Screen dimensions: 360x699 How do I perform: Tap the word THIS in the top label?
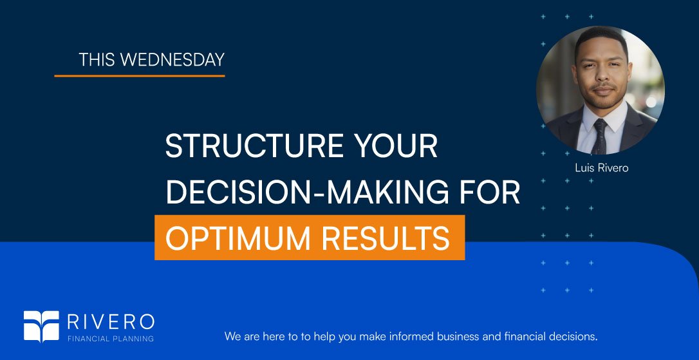pos(97,60)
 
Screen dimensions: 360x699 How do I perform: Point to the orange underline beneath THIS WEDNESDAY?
pos(139,76)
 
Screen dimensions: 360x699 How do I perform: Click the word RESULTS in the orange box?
pos(386,238)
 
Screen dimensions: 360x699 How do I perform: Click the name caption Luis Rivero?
pos(601,168)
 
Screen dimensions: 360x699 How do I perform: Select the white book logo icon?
pos(41,326)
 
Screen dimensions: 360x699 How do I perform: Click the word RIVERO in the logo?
pos(111,321)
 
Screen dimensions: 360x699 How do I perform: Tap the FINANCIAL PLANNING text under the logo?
pos(111,338)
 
